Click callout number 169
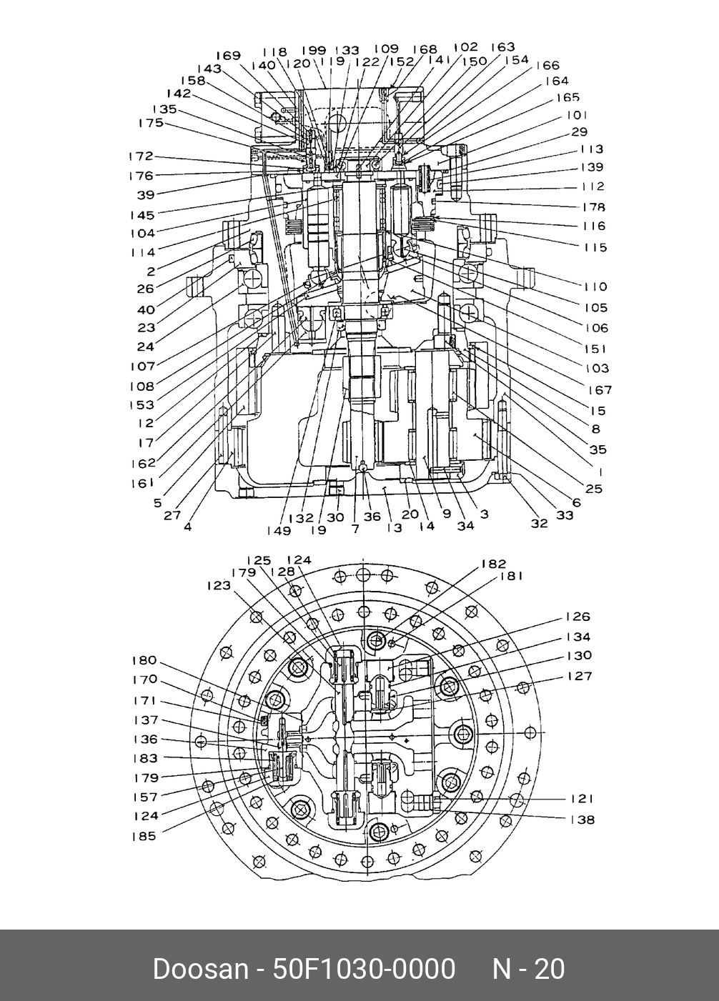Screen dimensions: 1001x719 (x=228, y=56)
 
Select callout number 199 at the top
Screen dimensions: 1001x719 (x=313, y=51)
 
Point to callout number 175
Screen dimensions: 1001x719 (x=151, y=123)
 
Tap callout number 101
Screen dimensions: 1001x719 (x=577, y=115)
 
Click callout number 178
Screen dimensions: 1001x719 (x=593, y=207)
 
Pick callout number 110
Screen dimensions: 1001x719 (x=595, y=287)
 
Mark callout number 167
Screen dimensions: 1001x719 (x=600, y=390)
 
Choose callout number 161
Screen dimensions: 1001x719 (x=142, y=484)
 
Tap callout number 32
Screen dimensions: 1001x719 (x=539, y=524)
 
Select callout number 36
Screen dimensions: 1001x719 (x=372, y=517)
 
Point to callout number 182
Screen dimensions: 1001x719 (x=493, y=564)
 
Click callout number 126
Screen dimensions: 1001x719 (x=578, y=617)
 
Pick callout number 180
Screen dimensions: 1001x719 (x=144, y=661)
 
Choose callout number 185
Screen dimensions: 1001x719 (x=144, y=835)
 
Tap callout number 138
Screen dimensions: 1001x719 (x=582, y=820)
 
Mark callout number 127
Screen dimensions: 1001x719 (x=579, y=676)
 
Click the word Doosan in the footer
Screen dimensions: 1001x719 (x=199, y=970)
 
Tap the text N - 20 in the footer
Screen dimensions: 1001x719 (x=528, y=970)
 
